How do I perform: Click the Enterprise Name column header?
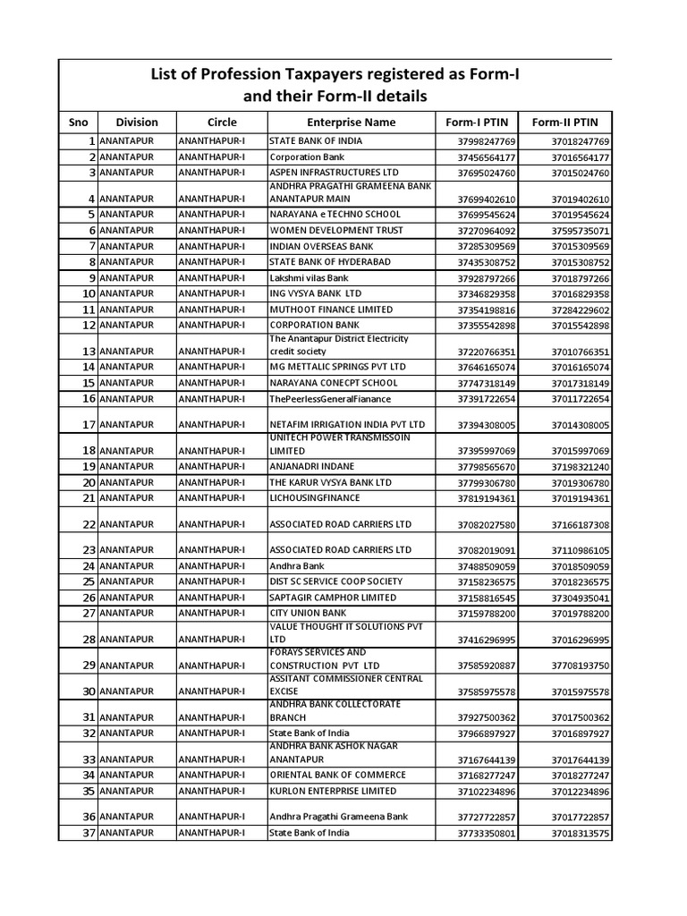tap(351, 122)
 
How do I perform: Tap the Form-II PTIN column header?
tap(565, 122)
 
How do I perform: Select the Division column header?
tap(136, 122)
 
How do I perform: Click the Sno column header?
tap(79, 122)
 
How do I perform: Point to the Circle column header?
tap(222, 122)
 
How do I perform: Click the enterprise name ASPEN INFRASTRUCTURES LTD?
tap(334, 172)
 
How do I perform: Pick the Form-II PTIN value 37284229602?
tap(580, 310)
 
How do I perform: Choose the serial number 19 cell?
tap(89, 467)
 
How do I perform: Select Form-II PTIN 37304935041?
tap(580, 598)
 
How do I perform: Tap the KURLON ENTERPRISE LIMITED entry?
tap(332, 791)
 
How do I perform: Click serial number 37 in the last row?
tap(89, 833)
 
